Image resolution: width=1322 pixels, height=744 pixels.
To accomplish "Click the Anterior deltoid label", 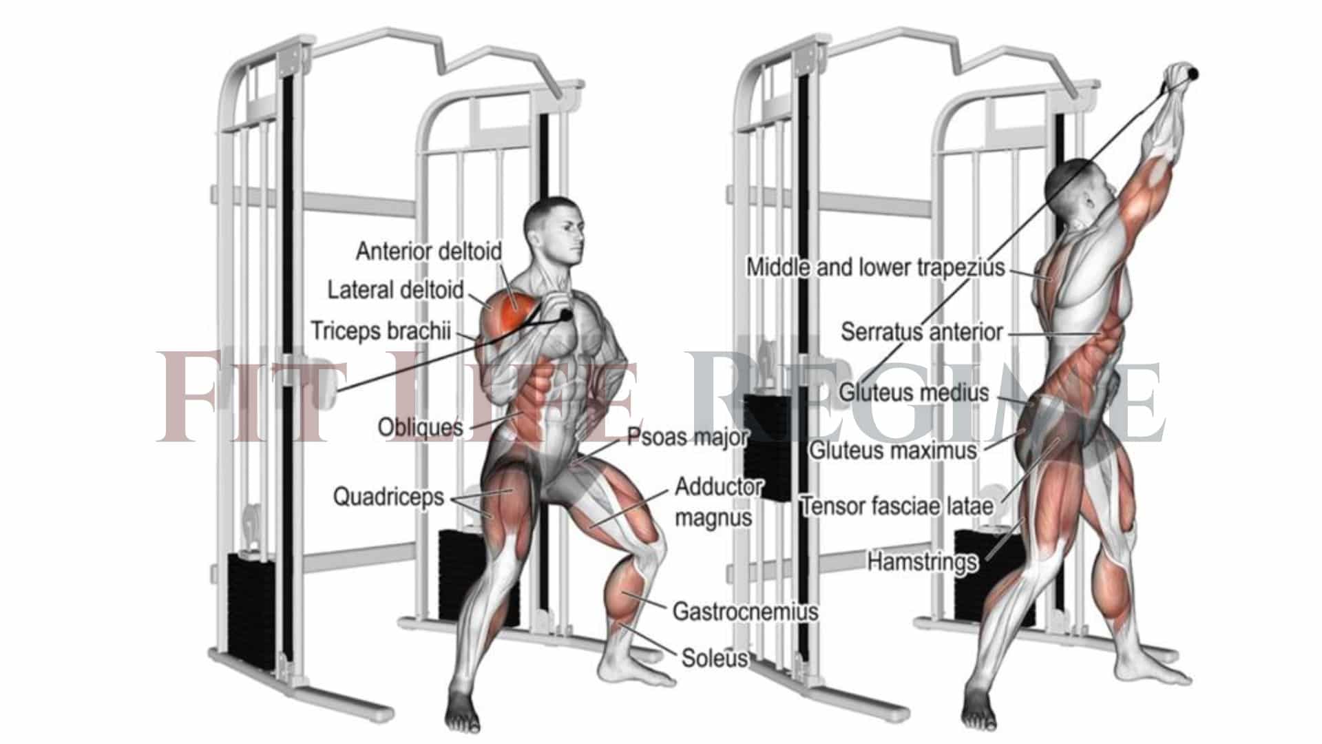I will tap(428, 251).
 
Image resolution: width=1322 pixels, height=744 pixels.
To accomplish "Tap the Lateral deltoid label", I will tap(395, 290).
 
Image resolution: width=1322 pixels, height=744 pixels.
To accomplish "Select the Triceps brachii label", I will tap(381, 331).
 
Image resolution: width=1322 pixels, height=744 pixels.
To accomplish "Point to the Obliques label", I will tap(420, 428).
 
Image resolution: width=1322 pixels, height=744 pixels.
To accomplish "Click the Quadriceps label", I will tap(388, 497).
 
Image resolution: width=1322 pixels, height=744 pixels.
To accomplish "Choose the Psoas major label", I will tap(686, 436).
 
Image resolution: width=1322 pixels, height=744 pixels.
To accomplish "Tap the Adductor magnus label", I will tap(717, 502).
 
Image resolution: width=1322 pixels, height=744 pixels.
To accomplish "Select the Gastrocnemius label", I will tap(745, 611).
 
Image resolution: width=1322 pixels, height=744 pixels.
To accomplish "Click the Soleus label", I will tap(714, 658).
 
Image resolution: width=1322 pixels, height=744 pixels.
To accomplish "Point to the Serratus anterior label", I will tap(921, 332).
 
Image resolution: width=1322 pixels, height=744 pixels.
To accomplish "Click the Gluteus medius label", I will tap(913, 393).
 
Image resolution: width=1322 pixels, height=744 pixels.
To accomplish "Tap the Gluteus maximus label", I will tap(892, 451).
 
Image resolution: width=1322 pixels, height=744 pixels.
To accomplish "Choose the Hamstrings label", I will tap(921, 561).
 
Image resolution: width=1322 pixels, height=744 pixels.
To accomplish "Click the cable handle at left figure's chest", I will tap(565, 316).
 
